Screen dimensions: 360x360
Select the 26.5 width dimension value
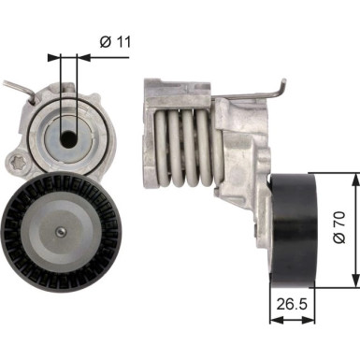[x=293, y=304]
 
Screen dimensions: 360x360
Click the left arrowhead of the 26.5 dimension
[x=273, y=319]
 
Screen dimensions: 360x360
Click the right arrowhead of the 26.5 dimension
[x=311, y=319]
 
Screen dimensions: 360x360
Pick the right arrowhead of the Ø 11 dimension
[x=78, y=57]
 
